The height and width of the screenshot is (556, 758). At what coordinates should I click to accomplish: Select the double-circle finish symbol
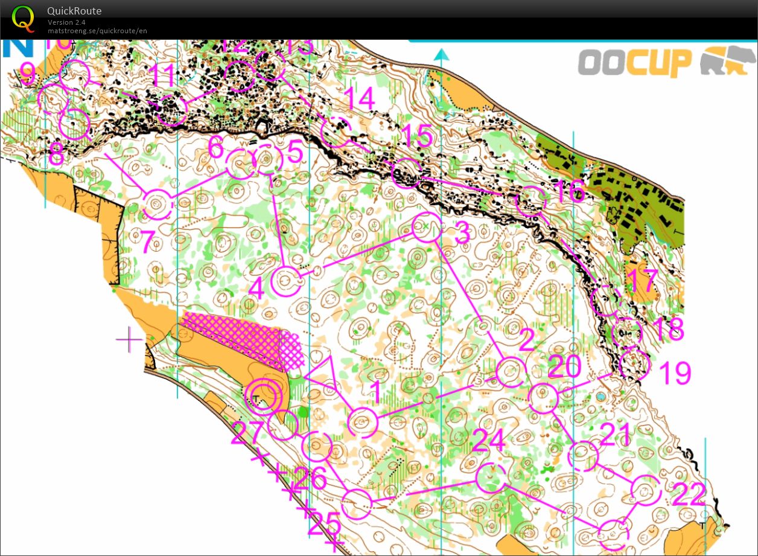(263, 396)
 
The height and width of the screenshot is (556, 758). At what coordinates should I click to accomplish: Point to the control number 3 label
(461, 234)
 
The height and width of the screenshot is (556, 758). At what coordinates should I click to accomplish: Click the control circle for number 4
(286, 281)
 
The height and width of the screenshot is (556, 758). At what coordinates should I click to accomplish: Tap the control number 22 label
(689, 496)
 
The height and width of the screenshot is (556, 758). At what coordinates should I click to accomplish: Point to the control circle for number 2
(510, 371)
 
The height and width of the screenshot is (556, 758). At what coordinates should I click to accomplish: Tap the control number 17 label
(641, 281)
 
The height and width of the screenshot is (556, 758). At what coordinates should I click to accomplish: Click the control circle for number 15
(407, 173)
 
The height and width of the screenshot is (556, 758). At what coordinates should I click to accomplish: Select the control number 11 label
(162, 77)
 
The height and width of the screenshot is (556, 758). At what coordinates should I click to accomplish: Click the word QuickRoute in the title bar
(74, 11)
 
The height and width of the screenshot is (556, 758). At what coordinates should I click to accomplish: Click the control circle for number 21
(583, 456)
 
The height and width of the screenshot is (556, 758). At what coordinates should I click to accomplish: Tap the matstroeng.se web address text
(97, 30)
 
